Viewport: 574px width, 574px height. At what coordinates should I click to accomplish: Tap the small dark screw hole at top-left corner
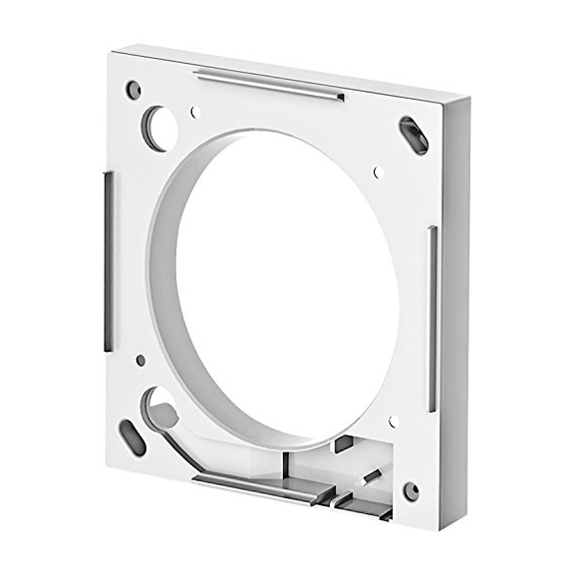[134, 90]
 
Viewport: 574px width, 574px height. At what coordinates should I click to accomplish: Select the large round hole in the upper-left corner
[156, 128]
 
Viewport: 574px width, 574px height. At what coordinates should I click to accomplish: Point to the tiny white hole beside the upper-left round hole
[196, 112]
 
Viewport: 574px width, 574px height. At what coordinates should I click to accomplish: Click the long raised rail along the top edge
[269, 84]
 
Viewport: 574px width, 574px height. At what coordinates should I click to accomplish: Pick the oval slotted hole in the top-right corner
[414, 135]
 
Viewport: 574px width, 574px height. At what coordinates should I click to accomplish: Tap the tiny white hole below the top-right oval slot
[379, 171]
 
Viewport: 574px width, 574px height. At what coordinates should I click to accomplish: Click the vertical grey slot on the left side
[107, 259]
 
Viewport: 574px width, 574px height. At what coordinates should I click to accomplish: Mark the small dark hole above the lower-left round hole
[141, 360]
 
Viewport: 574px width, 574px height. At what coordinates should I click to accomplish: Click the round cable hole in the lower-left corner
[159, 407]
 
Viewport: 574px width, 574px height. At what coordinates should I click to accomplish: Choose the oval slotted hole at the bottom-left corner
[133, 436]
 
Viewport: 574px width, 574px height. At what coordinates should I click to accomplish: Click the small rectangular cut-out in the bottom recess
[342, 445]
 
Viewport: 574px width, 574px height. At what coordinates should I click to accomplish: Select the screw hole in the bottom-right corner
[410, 490]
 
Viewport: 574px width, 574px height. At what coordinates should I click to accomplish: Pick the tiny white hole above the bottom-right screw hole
[394, 421]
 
